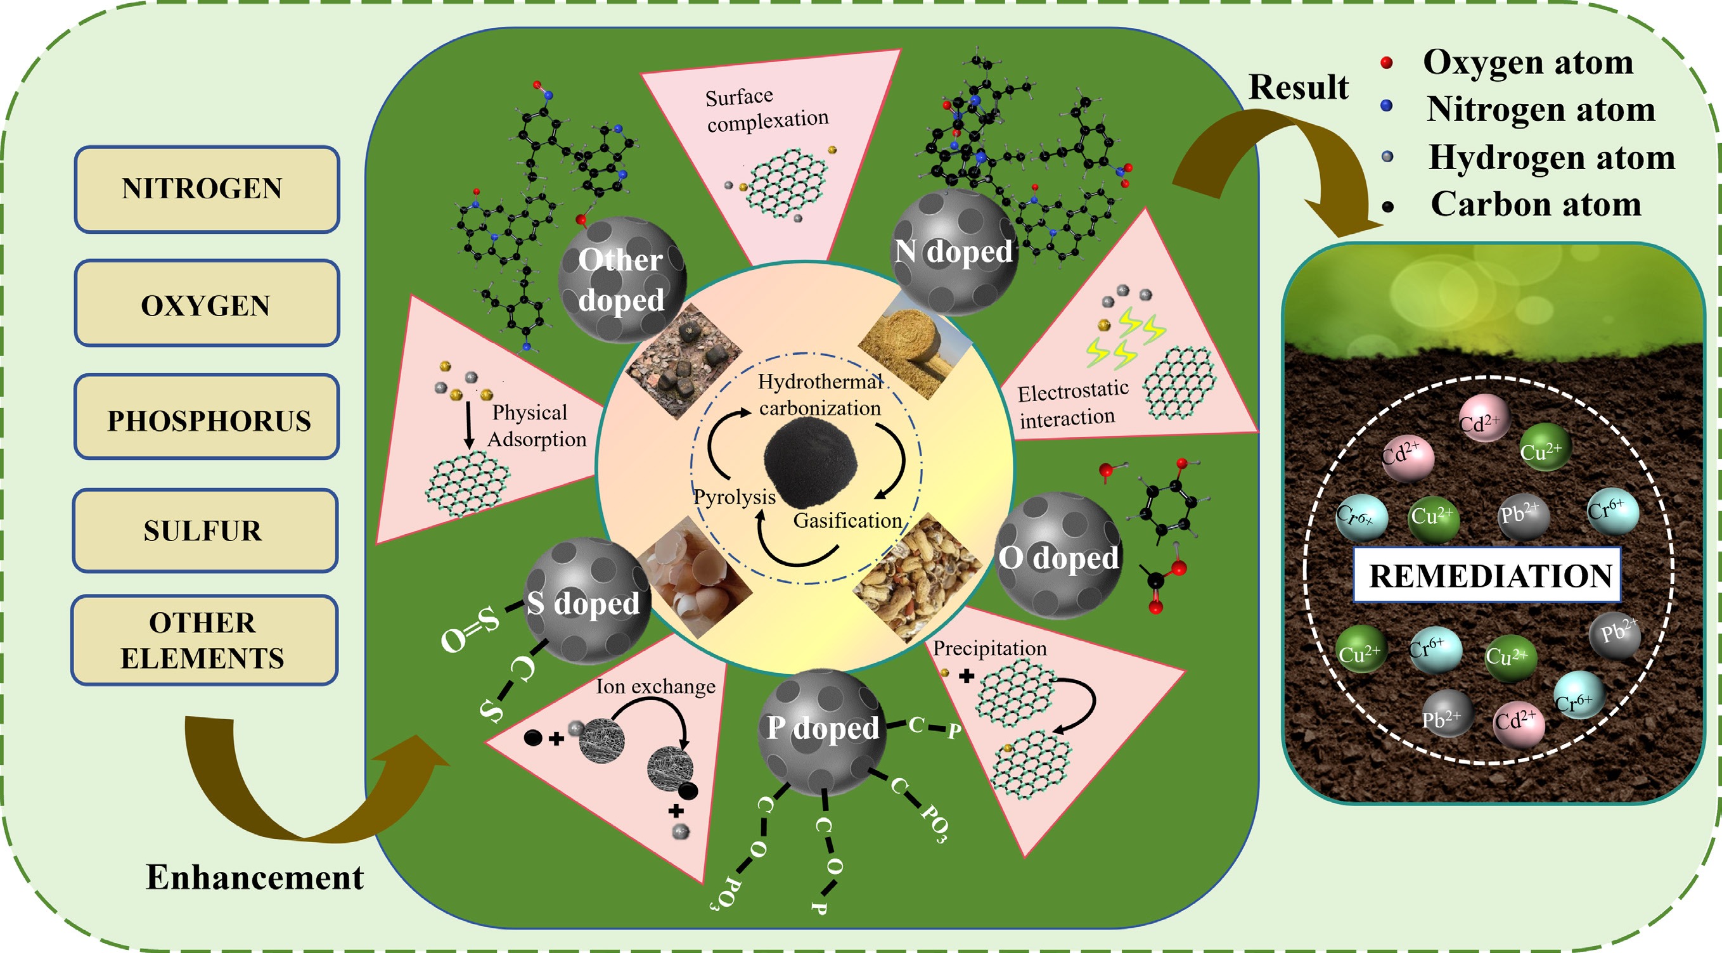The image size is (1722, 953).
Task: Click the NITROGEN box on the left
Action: (207, 189)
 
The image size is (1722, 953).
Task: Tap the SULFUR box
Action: (205, 530)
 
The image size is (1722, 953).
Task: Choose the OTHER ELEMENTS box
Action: (204, 640)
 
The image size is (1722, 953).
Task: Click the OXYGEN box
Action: (207, 304)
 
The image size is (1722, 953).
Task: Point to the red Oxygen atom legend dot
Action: (1387, 63)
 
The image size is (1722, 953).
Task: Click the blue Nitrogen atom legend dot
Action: (1387, 106)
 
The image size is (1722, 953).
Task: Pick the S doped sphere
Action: (586, 601)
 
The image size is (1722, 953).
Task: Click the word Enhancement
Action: (255, 878)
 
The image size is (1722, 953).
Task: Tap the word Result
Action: (1298, 87)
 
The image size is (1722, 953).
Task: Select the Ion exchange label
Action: (655, 686)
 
